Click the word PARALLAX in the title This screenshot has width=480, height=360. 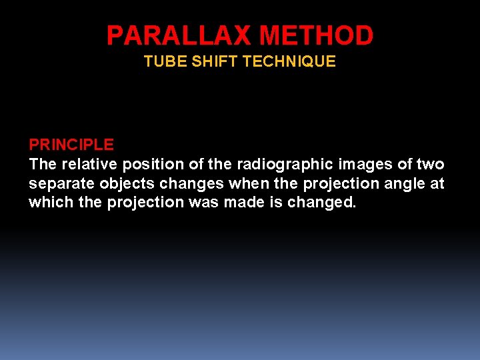(x=179, y=35)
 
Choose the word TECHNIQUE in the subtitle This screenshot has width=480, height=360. (x=289, y=62)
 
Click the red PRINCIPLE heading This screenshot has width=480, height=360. (x=71, y=145)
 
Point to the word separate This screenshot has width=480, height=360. (x=59, y=184)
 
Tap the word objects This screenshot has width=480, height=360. (x=123, y=184)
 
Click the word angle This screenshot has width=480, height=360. (x=401, y=184)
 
